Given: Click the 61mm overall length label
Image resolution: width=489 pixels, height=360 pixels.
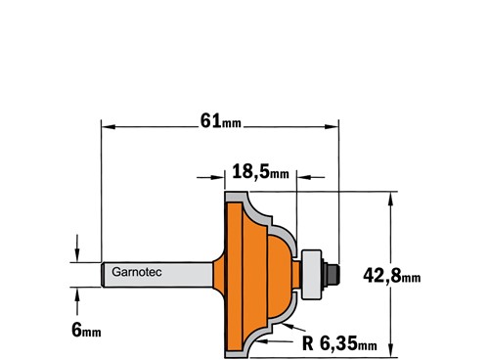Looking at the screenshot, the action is pos(221,121).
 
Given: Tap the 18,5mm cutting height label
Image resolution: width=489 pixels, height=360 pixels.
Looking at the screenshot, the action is pos(260,171).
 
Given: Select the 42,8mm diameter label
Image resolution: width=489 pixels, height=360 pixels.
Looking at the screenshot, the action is pos(392,275).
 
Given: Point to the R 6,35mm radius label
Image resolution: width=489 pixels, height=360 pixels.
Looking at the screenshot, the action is pos(339,343).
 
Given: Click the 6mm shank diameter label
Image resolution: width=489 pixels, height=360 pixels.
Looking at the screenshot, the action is pos(86,330).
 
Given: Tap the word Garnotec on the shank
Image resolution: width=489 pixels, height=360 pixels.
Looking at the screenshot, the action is pos(137,272).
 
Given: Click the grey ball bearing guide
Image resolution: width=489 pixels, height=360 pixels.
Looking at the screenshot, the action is pos(311,274).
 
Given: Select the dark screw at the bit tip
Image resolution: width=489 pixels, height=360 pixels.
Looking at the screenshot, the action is pos(333,274).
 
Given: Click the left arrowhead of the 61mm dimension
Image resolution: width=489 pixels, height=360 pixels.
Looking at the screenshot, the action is pos(109,126).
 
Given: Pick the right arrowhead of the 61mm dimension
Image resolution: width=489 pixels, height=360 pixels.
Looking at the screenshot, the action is pos(332,126).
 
